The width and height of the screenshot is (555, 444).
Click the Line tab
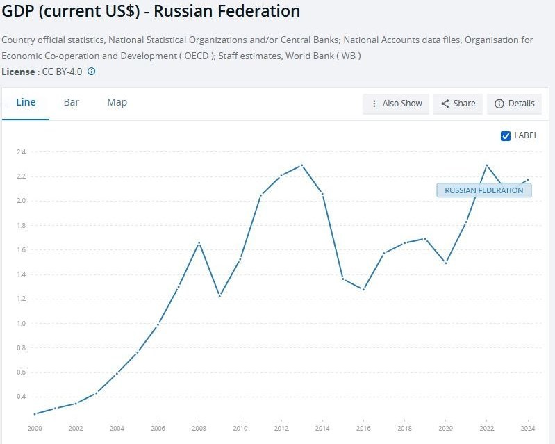pos(26,102)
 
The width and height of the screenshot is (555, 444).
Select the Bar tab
pos(72,102)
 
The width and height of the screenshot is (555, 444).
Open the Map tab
pos(117,102)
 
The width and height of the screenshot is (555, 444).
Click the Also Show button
pos(396,104)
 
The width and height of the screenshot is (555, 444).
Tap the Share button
pos(458,104)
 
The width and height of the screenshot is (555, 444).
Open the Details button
pos(514,104)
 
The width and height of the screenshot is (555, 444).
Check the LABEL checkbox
pos(506,135)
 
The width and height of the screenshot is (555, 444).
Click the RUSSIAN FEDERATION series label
pos(483,190)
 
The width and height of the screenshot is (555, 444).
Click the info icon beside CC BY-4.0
pos(91,71)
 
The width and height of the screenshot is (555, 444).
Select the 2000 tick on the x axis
pos(35,429)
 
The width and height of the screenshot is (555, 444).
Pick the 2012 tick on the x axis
pos(281,429)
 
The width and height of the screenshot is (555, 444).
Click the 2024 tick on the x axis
pos(528,429)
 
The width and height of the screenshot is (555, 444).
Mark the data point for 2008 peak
pos(199,242)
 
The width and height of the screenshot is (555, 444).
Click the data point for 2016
pos(363,289)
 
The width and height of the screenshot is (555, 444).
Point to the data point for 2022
pos(487,165)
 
